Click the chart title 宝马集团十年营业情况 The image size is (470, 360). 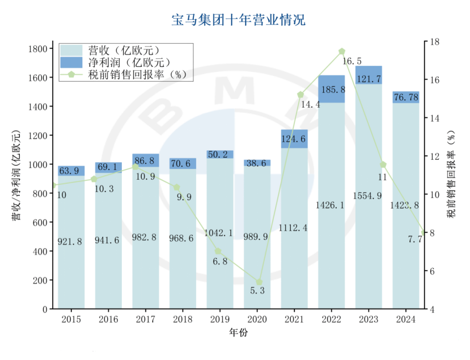tap(238, 20)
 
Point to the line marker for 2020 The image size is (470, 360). tap(259, 282)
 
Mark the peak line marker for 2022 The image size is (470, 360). tap(342, 51)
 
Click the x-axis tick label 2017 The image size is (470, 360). tap(146, 320)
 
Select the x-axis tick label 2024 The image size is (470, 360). tap(406, 320)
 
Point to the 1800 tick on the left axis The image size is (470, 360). tap(37, 49)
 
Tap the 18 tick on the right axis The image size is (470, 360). tap(435, 42)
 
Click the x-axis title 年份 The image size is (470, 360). tap(238, 333)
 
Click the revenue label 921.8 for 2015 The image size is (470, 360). tap(70, 242)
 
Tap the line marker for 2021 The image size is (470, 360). tap(300, 95)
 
